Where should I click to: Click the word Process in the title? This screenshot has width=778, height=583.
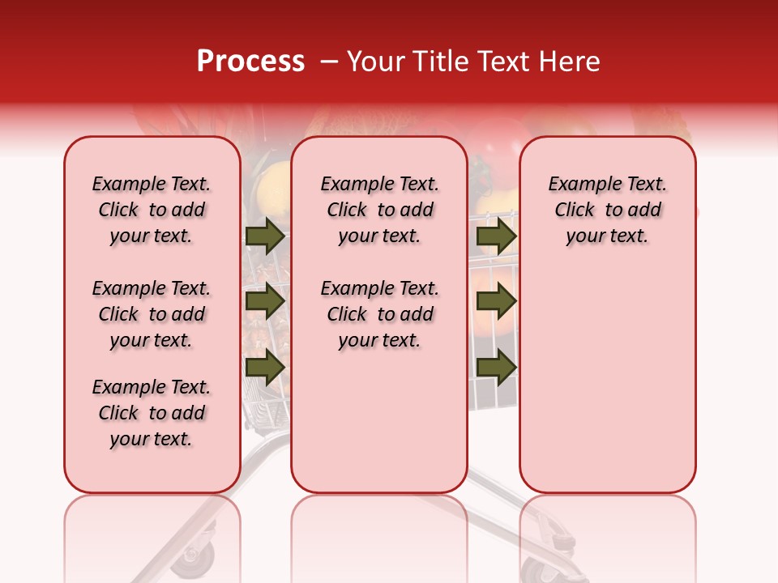(250, 62)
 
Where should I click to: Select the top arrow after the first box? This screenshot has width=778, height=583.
(264, 236)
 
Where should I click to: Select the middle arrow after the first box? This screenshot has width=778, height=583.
(264, 301)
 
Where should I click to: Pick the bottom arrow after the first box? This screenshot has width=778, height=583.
(264, 367)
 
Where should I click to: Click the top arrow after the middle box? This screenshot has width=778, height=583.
(496, 236)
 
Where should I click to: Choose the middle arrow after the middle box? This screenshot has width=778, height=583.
(496, 301)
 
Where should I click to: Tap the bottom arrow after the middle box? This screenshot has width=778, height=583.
(496, 367)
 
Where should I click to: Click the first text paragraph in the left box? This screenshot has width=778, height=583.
(152, 210)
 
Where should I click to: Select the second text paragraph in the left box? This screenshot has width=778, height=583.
(152, 314)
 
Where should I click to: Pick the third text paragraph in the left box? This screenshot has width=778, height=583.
(152, 413)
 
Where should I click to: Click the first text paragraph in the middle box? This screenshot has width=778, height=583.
(379, 210)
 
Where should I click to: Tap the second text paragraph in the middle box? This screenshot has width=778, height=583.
(379, 314)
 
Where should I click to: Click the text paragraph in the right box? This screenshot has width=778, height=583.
(607, 210)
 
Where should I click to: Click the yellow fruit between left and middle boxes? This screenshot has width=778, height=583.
(271, 182)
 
